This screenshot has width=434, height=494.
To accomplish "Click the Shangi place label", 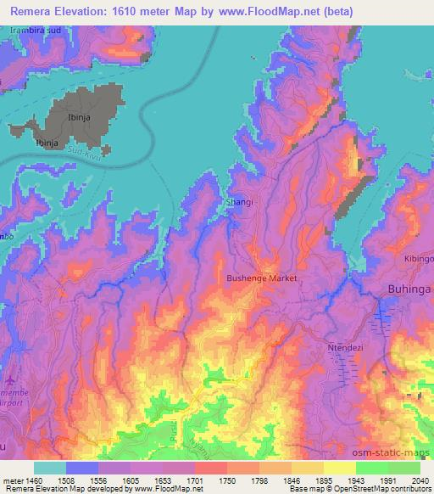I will coord(239,203).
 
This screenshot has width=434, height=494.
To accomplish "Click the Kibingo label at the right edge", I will coord(418,257).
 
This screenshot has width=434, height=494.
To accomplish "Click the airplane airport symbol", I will coord(8,375).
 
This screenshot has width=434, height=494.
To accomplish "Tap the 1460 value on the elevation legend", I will coord(32,480).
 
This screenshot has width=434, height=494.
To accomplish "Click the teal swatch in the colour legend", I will coord(49,468).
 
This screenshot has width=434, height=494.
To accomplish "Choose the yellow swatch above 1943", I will coord(340,468).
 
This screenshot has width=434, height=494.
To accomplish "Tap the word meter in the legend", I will coord(11,480).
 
